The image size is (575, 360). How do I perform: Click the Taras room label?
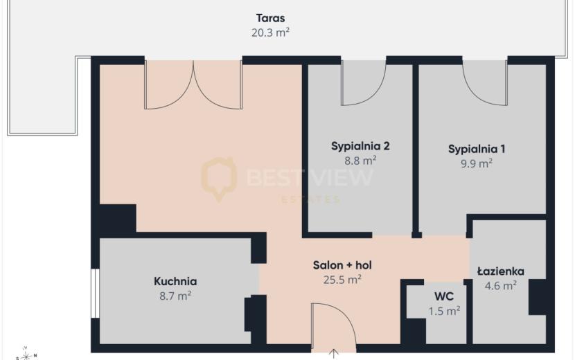point(271,18)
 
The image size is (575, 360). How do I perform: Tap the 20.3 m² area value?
point(271,33)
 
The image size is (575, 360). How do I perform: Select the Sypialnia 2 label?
point(360,146)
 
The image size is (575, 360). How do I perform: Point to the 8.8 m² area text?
point(360,161)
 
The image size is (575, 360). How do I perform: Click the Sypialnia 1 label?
point(477,150)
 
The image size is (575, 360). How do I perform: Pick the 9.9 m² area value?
point(477,163)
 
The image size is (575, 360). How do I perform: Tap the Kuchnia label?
point(175,281)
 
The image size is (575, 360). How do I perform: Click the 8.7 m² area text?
point(175,296)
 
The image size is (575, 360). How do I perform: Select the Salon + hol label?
point(342,265)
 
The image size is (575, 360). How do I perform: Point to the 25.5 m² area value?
point(342,280)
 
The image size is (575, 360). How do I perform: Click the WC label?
point(444,296)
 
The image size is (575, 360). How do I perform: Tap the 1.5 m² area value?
point(445,311)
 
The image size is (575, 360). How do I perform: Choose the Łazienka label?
point(501,271)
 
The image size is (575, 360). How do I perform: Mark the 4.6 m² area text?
point(501,286)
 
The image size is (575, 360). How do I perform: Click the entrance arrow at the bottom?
point(333,354)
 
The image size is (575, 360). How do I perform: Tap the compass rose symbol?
point(26,354)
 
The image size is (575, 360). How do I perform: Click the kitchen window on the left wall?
point(95,294)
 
